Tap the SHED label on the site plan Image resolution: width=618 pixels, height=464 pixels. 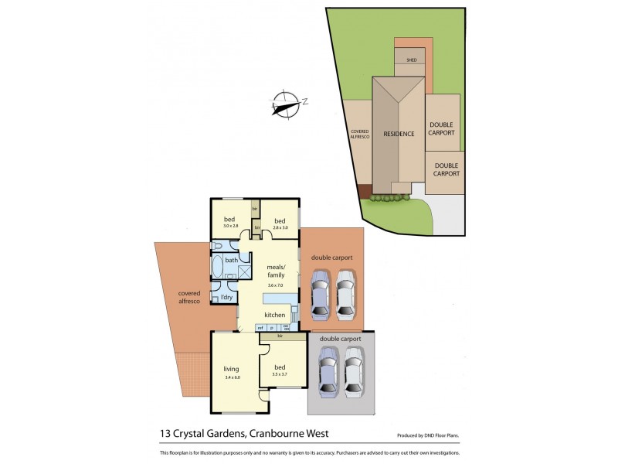point(411,60)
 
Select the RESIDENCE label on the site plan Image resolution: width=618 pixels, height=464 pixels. point(399,134)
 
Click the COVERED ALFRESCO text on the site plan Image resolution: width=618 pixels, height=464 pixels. point(360,134)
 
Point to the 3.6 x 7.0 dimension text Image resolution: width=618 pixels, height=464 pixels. point(276,285)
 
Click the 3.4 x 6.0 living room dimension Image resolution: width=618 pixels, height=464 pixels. point(233,377)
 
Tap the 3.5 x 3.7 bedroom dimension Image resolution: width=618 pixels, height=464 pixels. point(280,374)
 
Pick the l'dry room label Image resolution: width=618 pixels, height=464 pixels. point(226,297)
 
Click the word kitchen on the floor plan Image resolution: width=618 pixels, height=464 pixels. point(275,315)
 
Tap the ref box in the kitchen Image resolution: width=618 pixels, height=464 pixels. point(260,329)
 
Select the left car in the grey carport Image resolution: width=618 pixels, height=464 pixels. point(328,370)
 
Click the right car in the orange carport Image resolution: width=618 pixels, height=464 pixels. point(345,294)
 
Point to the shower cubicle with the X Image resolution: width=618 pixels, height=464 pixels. point(244,271)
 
